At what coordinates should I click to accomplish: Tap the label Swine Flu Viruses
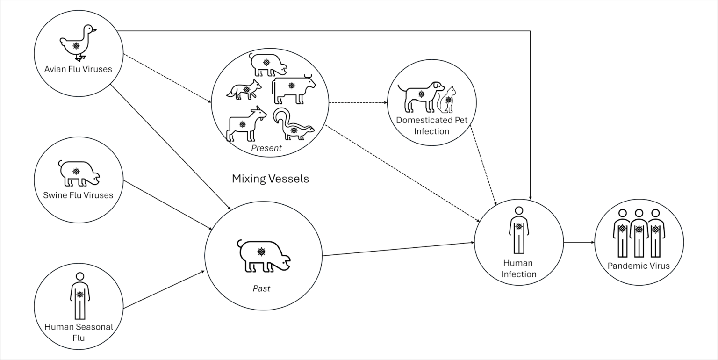79,195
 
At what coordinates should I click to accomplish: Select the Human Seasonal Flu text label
79,332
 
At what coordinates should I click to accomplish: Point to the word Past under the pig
261,288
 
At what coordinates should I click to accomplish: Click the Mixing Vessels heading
270,179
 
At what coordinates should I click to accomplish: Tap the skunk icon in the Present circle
293,125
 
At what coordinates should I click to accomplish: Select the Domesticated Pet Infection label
431,125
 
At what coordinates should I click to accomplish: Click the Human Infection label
518,269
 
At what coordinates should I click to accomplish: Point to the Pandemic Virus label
639,266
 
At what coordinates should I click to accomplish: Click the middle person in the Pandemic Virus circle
639,232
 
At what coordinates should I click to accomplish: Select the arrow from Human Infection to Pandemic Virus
578,243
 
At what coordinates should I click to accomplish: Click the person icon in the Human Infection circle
518,229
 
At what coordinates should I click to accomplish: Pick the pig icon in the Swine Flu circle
79,173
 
